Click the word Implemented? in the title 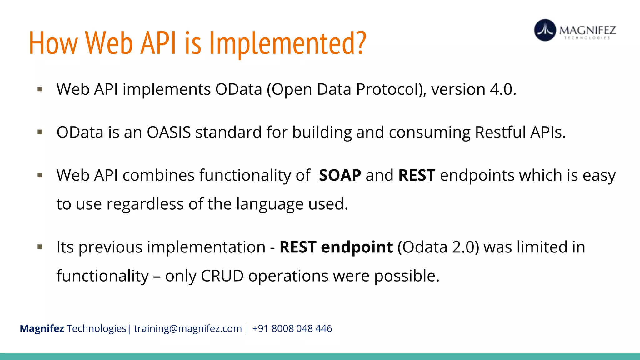[287, 44]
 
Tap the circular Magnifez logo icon [545, 30]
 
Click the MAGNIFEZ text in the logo [587, 30]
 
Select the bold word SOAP [340, 175]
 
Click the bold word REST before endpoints [417, 175]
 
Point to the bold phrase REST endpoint [336, 247]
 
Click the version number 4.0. [503, 89]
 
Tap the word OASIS [169, 132]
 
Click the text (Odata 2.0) [438, 247]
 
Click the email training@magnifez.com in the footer [188, 329]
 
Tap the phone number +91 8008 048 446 [292, 329]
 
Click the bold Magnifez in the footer [42, 329]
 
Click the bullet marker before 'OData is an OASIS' [40, 132]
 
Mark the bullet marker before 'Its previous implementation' [40, 247]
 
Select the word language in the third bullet [269, 204]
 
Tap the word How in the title [53, 44]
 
